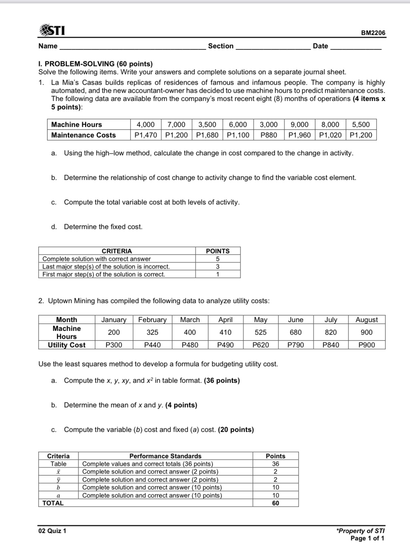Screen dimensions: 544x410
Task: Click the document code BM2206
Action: (x=373, y=33)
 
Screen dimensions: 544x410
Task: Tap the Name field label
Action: (x=48, y=46)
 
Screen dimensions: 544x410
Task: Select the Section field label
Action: (x=220, y=46)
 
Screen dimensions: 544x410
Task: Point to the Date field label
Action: (x=320, y=46)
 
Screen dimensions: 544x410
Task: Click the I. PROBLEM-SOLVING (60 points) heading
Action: (x=95, y=64)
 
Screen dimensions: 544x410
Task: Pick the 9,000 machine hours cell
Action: (x=299, y=125)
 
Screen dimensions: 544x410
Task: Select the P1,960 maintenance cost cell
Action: (x=299, y=135)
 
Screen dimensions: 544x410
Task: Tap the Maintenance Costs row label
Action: (x=84, y=135)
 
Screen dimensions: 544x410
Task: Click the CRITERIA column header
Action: (x=117, y=251)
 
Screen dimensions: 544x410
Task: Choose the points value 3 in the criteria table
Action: (x=218, y=267)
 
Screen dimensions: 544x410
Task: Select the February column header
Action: (x=152, y=320)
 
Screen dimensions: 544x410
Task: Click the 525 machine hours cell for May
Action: (x=260, y=332)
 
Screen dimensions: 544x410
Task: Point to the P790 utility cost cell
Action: (x=296, y=345)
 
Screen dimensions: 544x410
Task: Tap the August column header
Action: (x=366, y=320)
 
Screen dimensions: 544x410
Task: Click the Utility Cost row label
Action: (x=67, y=345)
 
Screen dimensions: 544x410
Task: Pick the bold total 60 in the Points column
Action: (x=276, y=503)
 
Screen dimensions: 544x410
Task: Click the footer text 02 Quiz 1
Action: (x=52, y=531)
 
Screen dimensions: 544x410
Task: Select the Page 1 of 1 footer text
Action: (x=367, y=538)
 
